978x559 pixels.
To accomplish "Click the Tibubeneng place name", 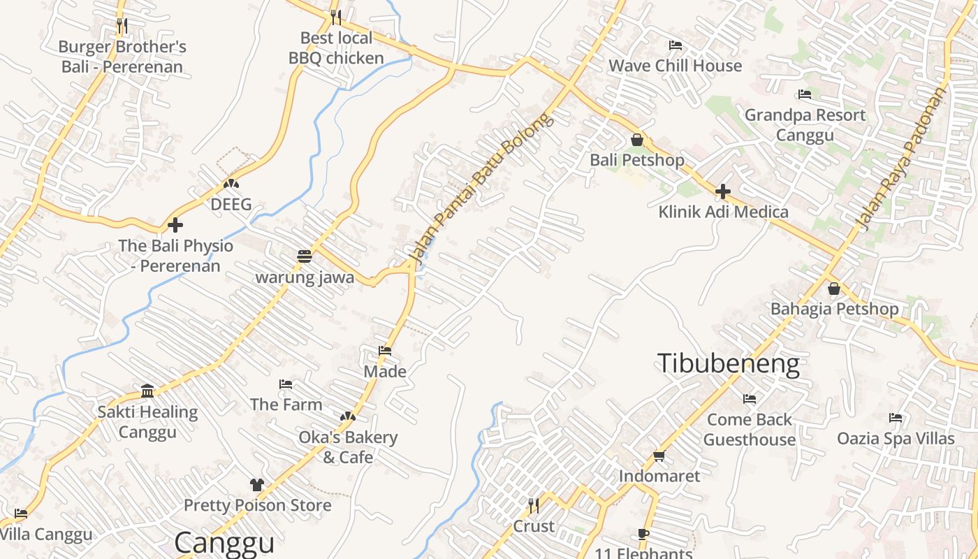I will point(728,364).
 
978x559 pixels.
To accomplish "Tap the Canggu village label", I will point(224,543).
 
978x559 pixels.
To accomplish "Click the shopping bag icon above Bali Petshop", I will point(636,140).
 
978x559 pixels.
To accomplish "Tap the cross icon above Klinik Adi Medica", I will point(723,191).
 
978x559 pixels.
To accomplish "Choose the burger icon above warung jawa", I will point(304,256).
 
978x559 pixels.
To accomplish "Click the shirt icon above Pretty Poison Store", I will point(256,485).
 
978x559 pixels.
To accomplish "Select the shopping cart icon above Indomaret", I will point(659,456).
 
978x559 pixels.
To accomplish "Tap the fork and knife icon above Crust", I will point(534,505).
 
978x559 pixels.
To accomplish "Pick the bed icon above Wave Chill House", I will point(676,45).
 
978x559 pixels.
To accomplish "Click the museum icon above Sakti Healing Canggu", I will point(147,391).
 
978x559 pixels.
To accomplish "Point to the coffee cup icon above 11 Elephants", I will point(643,535).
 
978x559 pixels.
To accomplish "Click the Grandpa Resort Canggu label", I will point(805,124).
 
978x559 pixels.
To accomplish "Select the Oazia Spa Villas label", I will point(896,438).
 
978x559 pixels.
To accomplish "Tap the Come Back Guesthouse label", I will point(750,429).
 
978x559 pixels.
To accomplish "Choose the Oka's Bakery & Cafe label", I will point(348,447).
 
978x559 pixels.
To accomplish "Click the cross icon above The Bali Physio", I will point(175,225).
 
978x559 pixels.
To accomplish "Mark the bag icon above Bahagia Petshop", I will point(834,289).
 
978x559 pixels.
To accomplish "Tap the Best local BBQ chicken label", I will point(336,48).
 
